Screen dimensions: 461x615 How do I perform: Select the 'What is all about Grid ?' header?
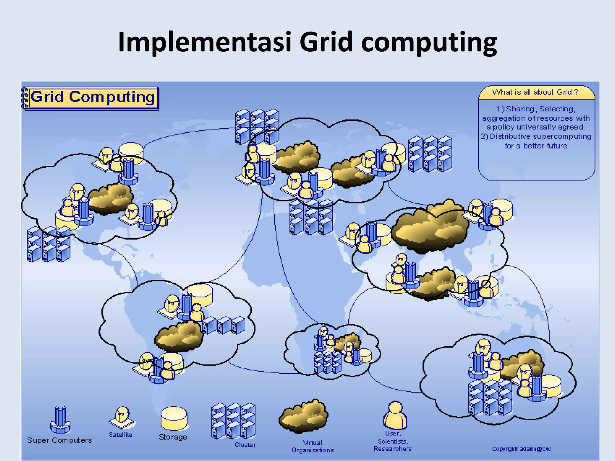pos(536,92)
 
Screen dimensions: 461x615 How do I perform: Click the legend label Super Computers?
pos(59,440)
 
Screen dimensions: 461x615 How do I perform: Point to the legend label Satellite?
pos(120,435)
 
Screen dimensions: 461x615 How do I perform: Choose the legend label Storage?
pos(173,437)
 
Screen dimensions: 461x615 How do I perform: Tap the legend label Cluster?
pos(245,445)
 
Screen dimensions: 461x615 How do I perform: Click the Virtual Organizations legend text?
pos(313,446)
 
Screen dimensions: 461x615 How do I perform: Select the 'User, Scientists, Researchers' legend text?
pos(393,441)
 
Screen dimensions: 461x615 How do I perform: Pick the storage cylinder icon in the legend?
pos(174,418)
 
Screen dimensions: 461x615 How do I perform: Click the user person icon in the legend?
pos(395,416)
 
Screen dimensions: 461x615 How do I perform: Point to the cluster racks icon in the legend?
pos(233,421)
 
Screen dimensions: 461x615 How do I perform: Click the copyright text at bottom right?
pos(522,449)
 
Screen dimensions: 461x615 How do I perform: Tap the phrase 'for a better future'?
pos(536,146)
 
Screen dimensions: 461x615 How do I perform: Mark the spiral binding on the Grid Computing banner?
pos(25,98)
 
